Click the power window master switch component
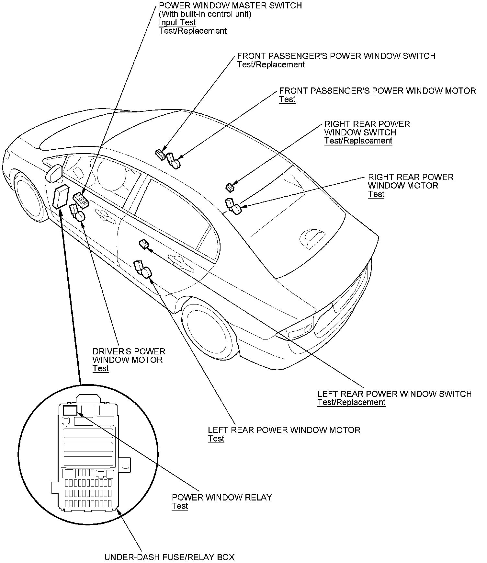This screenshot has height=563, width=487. tap(81, 200)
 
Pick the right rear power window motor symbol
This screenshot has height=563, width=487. tap(234, 207)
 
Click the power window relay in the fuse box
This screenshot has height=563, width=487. tap(70, 410)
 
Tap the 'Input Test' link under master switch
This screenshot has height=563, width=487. tap(177, 22)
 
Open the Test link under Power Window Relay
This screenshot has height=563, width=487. tap(180, 506)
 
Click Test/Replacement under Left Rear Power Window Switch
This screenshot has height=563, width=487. tap(351, 402)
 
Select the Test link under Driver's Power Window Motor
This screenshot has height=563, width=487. tap(101, 368)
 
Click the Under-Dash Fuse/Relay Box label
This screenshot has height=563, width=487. tap(169, 557)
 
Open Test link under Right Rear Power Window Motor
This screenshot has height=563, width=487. tap(376, 194)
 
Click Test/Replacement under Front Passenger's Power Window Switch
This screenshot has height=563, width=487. tap(271, 64)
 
